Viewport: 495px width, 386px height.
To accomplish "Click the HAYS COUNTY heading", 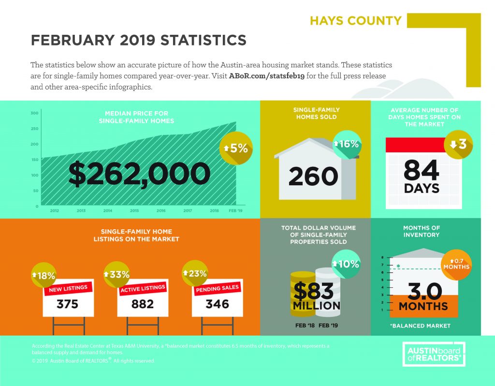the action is tap(355, 20).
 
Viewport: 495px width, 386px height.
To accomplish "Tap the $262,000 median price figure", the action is tap(139, 174).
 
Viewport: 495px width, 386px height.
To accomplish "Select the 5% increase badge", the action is tap(236, 148).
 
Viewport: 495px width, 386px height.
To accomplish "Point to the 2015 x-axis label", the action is tap(134, 210).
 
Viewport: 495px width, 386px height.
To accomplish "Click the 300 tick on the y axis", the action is tap(35, 113).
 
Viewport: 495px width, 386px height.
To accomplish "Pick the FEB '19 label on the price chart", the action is tap(235, 210).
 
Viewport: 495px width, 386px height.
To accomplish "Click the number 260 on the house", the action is tap(313, 176).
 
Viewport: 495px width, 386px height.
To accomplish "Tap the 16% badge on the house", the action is tap(347, 144).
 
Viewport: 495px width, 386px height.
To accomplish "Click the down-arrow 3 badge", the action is tap(458, 144).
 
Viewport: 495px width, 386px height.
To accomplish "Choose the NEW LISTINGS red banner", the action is tap(68, 289).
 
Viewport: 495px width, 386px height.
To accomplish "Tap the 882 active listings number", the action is tap(143, 304).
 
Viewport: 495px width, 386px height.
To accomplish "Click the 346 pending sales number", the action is tap(217, 304).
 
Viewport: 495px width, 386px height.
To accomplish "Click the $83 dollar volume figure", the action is tap(313, 291).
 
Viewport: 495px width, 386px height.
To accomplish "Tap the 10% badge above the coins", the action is tap(346, 264).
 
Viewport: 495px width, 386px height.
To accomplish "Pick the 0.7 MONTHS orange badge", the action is tap(456, 265).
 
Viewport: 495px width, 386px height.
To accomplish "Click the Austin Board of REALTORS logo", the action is tap(434, 354).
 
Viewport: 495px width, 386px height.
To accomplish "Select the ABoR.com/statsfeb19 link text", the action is tap(267, 76).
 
